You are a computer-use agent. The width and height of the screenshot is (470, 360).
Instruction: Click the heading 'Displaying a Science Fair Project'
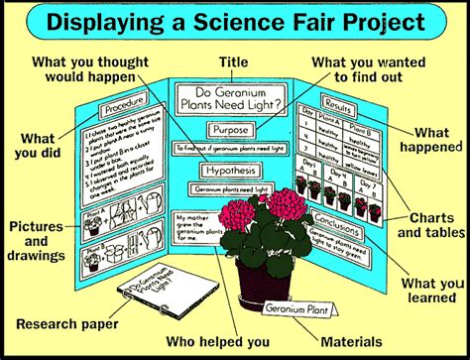tap(235, 21)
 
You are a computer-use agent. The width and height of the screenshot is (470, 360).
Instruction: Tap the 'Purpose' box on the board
tap(233, 130)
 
